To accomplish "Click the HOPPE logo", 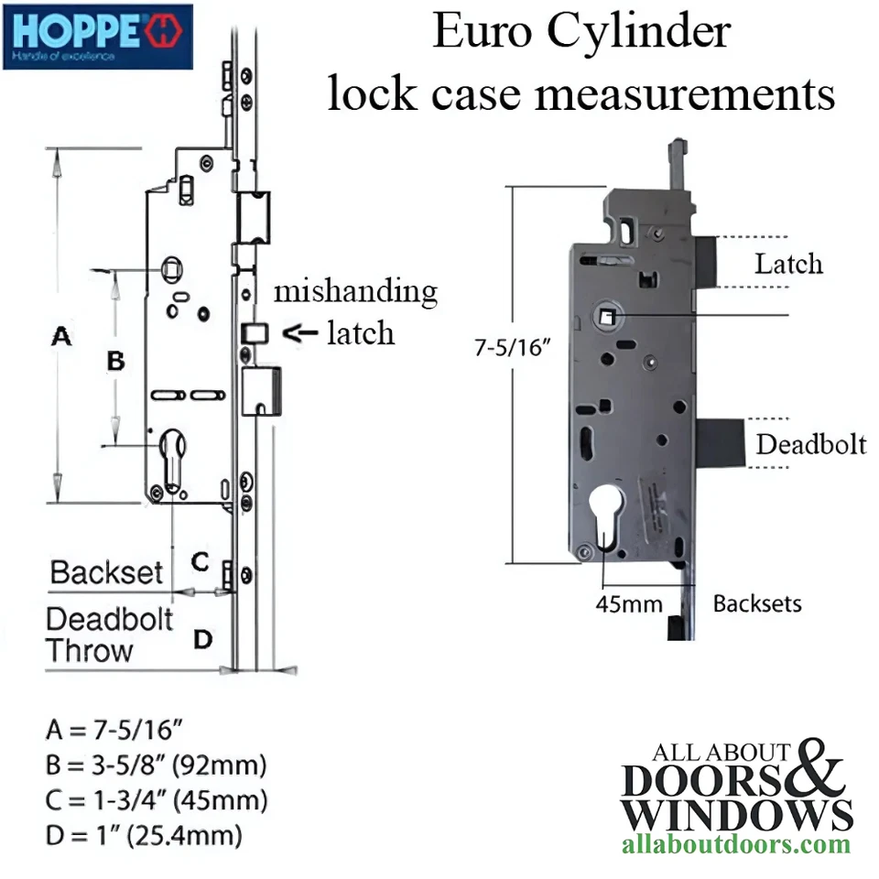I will coord(97,37).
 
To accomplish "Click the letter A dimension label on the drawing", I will coord(60,337).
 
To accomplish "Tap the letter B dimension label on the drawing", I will coord(115,361).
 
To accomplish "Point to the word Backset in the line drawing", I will coord(106,573).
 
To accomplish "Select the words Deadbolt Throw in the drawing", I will coord(109,635).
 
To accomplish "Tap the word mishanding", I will coord(356,292).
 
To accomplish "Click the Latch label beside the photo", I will coord(787,265).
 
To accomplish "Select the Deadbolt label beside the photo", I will coord(810,444).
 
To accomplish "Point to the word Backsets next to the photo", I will coord(757,603).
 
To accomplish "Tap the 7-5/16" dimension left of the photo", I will coord(511,349).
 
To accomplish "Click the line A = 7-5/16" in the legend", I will coord(114,731).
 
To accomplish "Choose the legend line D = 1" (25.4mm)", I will coord(144,835).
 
